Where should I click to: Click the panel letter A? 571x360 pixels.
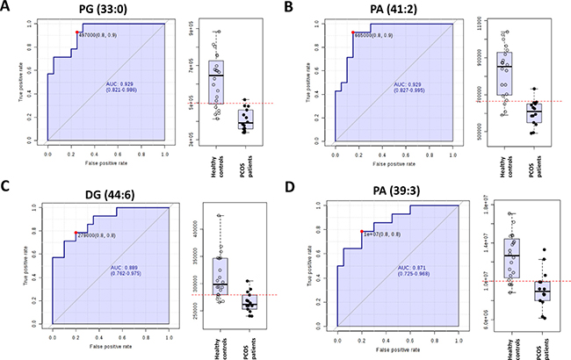(7, 9)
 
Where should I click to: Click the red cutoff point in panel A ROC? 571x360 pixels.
(77, 32)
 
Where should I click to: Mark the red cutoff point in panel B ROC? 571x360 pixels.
(352, 32)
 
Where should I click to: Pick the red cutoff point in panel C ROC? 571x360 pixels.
(76, 233)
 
